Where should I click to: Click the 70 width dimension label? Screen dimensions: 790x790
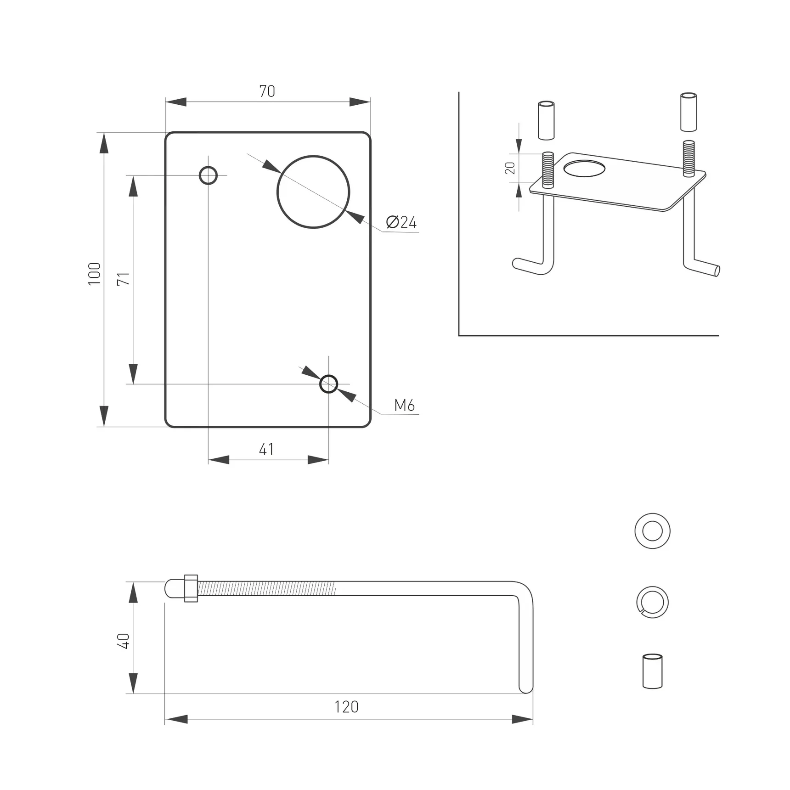(x=267, y=91)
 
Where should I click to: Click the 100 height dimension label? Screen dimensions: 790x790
(x=94, y=274)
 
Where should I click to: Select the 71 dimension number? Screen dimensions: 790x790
(x=123, y=279)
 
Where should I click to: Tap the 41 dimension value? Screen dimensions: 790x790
(x=266, y=449)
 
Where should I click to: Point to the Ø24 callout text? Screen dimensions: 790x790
(x=401, y=222)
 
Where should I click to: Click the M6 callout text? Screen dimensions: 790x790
(x=404, y=405)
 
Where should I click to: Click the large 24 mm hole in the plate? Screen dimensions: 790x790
(x=313, y=192)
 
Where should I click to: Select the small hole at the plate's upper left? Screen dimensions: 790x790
(x=208, y=175)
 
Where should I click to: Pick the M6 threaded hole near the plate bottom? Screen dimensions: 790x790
(x=328, y=384)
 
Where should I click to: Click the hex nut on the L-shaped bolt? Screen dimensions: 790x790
(x=191, y=588)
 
